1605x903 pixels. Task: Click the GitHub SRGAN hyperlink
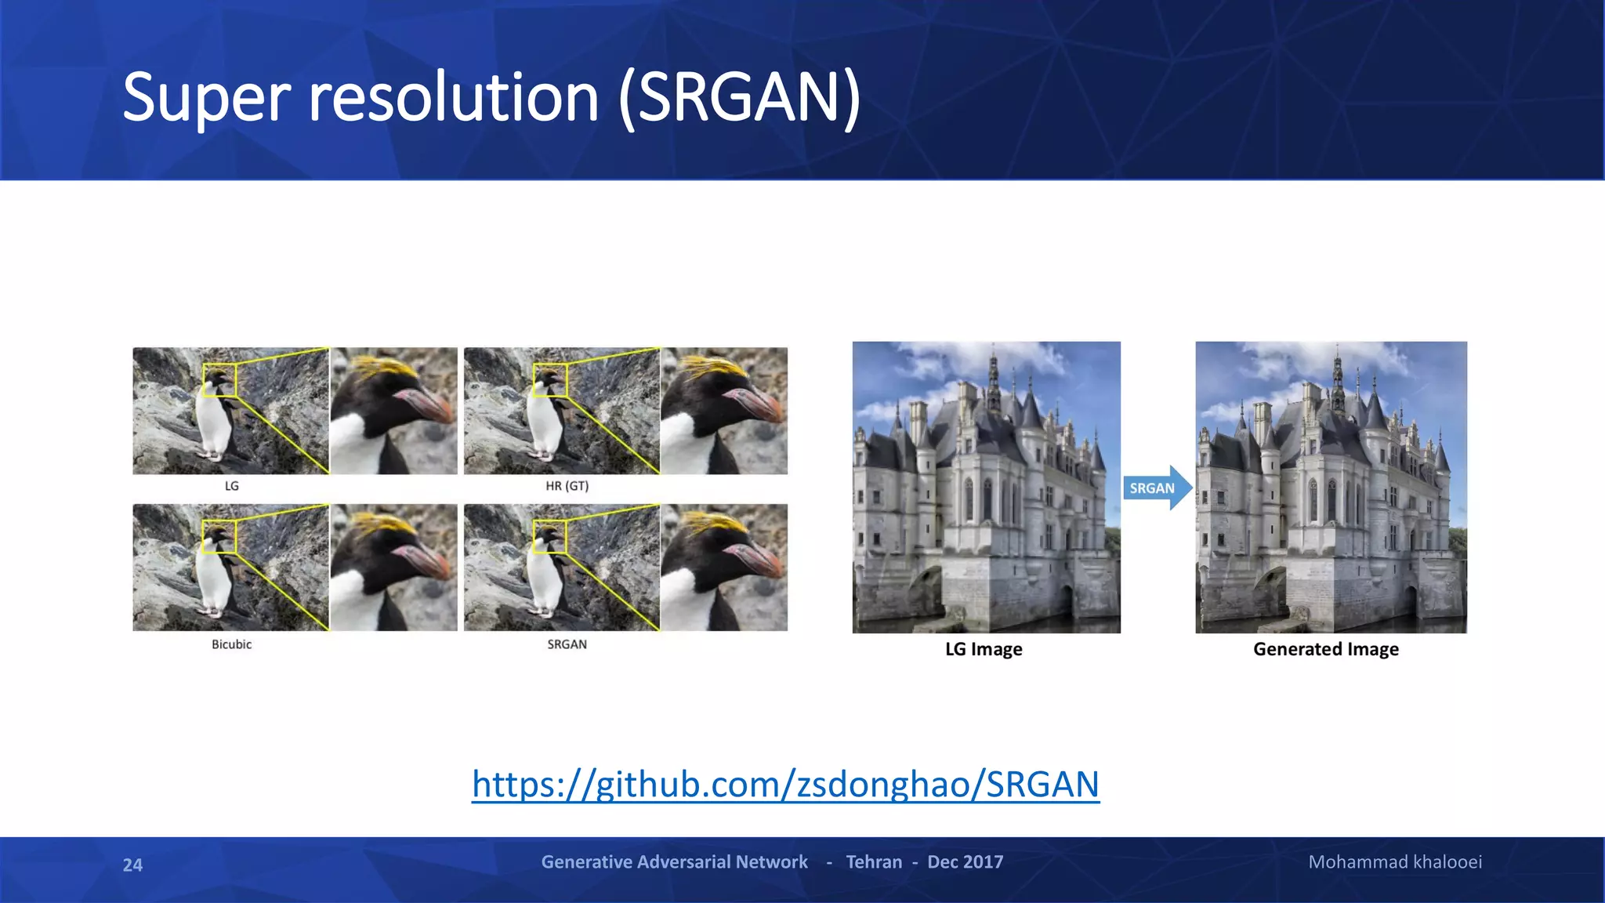tap(785, 784)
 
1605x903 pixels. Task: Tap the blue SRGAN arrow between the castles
tap(1155, 488)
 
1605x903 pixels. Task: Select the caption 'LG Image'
tap(984, 649)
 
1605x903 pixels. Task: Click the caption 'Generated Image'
tap(1325, 649)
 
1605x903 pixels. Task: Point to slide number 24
tap(132, 865)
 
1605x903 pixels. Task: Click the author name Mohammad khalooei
tap(1394, 862)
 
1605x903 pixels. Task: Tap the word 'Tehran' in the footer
tap(874, 862)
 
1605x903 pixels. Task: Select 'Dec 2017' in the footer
tap(965, 862)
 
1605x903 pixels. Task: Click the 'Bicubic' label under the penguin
tap(231, 644)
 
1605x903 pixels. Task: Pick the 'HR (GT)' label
tap(567, 486)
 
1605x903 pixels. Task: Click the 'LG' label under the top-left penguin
tap(231, 486)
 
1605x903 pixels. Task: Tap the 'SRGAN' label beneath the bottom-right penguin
tap(567, 644)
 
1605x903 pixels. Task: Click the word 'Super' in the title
tap(206, 98)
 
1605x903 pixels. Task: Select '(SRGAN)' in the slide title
tap(739, 98)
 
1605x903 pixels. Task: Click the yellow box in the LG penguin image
tap(219, 380)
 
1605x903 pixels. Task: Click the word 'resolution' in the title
tap(454, 98)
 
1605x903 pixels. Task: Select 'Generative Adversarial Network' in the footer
tap(674, 862)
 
